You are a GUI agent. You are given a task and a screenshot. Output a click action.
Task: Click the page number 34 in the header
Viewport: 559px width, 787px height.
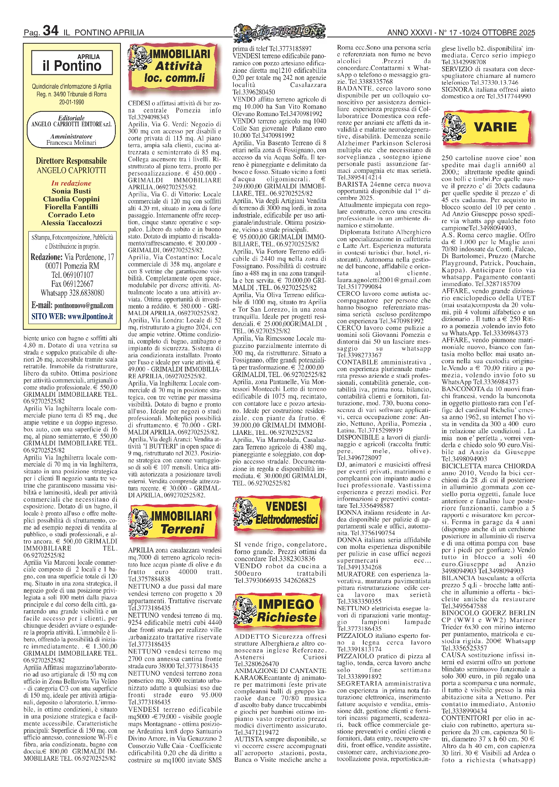click(x=50, y=31)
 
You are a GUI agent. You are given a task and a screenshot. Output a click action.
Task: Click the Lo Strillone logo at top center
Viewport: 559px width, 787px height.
click(x=279, y=32)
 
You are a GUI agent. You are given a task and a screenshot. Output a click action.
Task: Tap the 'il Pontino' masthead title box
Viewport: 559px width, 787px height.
click(x=72, y=63)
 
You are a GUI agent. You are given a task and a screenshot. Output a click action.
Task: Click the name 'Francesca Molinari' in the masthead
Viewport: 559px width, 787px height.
click(x=71, y=143)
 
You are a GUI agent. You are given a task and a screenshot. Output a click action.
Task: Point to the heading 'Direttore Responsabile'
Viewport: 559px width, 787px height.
click(x=71, y=161)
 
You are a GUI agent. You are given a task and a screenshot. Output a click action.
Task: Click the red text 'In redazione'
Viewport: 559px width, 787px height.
click(x=71, y=183)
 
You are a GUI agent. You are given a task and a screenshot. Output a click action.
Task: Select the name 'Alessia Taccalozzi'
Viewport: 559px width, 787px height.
click(x=71, y=223)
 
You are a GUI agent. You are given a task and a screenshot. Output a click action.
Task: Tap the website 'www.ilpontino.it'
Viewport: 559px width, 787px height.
click(x=90, y=316)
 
